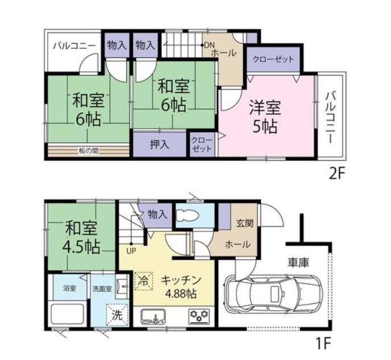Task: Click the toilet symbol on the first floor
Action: [x=188, y=215]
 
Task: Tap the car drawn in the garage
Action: [x=273, y=292]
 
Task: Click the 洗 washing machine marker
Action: [x=117, y=315]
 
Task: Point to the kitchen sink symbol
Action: [x=154, y=317]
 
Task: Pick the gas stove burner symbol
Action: [x=199, y=317]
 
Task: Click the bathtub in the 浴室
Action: [x=67, y=313]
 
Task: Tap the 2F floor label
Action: [x=336, y=174]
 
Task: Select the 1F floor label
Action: [x=324, y=344]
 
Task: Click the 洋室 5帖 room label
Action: [x=265, y=117]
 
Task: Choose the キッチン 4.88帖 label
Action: [x=181, y=287]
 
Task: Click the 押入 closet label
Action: [x=160, y=144]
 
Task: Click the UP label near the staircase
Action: [x=131, y=251]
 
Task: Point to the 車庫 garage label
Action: [x=299, y=262]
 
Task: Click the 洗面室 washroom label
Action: [x=102, y=289]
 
